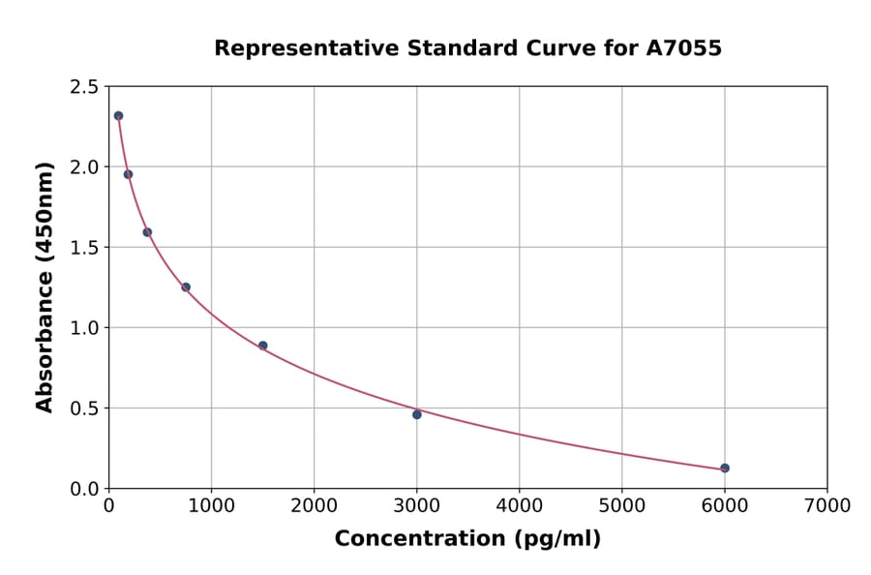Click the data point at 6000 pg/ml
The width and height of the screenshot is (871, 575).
(725, 469)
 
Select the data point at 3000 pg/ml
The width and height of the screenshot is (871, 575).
(417, 414)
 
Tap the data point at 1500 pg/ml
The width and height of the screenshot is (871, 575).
(263, 346)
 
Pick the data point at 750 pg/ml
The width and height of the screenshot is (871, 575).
(186, 287)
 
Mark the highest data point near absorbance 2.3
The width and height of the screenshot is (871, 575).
(118, 116)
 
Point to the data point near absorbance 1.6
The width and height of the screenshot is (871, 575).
(147, 232)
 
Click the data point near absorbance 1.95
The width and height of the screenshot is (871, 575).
(128, 174)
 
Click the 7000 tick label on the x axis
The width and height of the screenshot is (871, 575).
(826, 505)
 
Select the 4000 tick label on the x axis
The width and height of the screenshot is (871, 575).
(519, 505)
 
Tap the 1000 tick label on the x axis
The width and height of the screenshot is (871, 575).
(211, 505)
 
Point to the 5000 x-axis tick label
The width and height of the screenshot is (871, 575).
(621, 505)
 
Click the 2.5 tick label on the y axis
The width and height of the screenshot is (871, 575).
(83, 87)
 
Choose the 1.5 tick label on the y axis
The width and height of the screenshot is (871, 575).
(83, 248)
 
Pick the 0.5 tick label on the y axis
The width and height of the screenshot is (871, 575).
(83, 409)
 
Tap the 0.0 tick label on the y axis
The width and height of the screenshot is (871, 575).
(83, 489)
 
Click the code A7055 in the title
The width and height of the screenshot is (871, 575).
(683, 48)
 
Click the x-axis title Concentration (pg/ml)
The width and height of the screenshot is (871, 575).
(467, 539)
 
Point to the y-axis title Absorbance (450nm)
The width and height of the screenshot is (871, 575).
(45, 287)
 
